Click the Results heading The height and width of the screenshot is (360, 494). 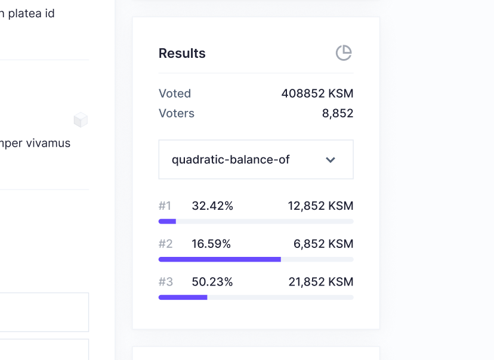[x=182, y=53]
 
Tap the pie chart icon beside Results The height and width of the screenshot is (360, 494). [x=344, y=53]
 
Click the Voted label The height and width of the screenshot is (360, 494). [x=175, y=94]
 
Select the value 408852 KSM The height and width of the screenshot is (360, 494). [x=317, y=94]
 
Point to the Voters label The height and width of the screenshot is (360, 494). [x=177, y=113]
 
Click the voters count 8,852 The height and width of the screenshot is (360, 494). [x=338, y=113]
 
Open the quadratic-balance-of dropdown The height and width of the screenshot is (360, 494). [x=255, y=160]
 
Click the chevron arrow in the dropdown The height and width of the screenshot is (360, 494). [x=331, y=160]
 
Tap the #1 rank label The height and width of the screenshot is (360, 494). [x=165, y=206]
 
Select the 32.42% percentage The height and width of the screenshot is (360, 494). [x=212, y=206]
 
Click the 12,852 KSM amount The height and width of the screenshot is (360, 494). [x=320, y=206]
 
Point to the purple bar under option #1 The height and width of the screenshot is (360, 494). [x=167, y=221]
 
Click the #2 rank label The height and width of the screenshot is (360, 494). [x=165, y=244]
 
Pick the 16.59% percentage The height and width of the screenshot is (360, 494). [x=211, y=244]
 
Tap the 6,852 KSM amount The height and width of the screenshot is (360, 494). [x=323, y=244]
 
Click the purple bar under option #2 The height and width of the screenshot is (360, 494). [x=220, y=259]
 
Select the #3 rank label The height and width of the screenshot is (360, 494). [x=165, y=282]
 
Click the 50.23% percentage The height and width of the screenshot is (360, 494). [x=212, y=282]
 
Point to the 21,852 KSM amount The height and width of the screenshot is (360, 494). [x=321, y=282]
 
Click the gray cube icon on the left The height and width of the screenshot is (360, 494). [x=81, y=120]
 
